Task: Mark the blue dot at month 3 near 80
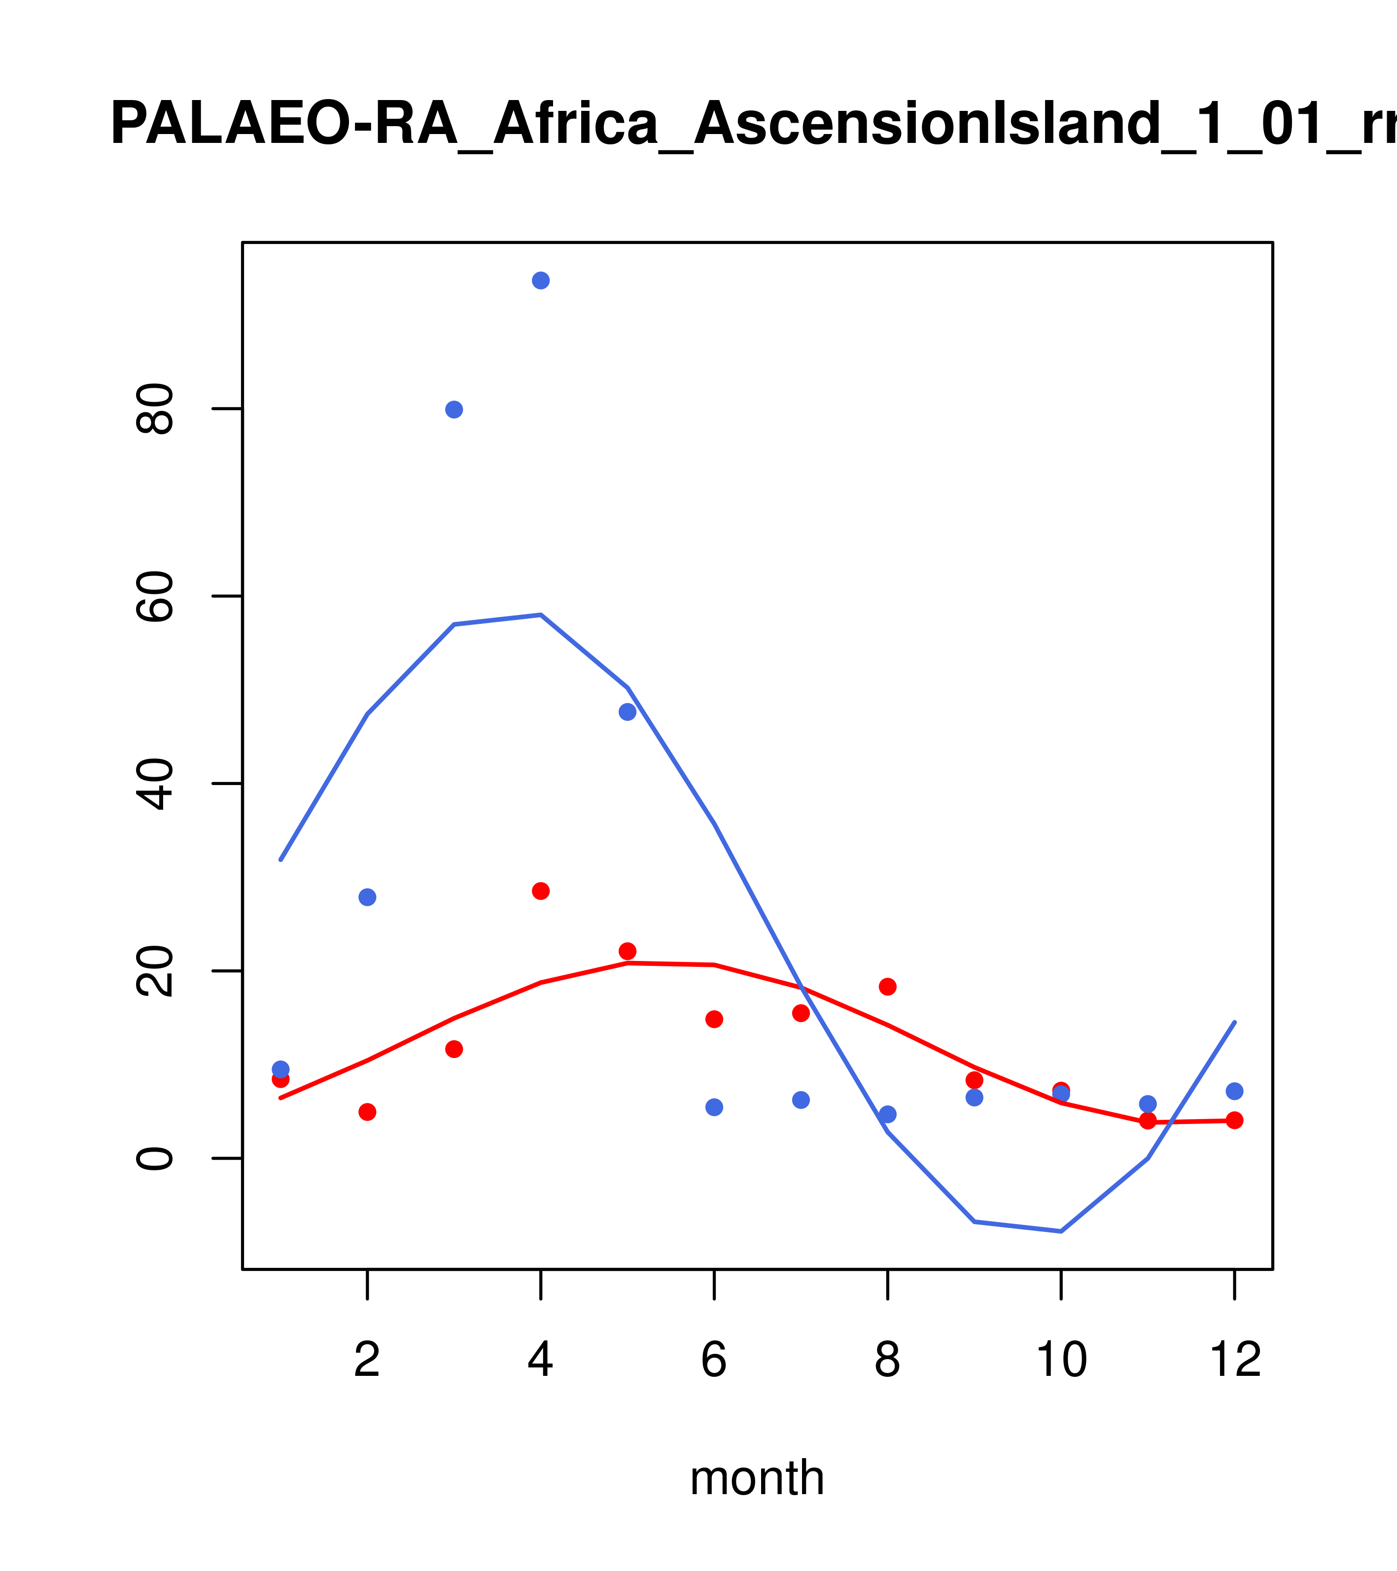[x=454, y=410]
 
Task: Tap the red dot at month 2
[x=368, y=1112]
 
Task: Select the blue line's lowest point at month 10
[x=1061, y=1231]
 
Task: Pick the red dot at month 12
[x=1235, y=1121]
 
